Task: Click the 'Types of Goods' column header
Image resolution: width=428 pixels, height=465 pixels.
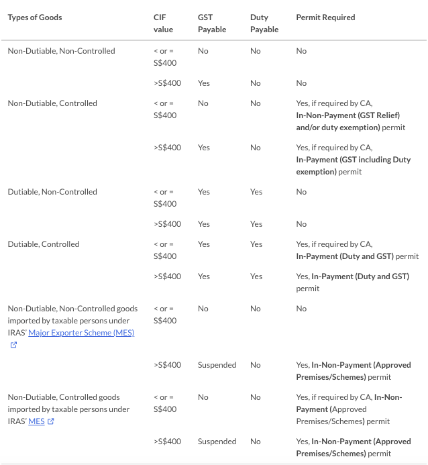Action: [35, 17]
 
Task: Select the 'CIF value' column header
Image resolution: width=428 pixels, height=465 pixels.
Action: [163, 23]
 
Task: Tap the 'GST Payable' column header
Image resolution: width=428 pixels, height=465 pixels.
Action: [212, 23]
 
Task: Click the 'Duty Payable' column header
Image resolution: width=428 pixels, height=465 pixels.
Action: [264, 23]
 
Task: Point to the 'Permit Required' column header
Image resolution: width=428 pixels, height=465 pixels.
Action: [325, 17]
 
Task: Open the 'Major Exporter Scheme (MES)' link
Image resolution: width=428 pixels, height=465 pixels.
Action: [81, 333]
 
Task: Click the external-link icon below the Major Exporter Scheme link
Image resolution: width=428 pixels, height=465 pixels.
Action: [13, 345]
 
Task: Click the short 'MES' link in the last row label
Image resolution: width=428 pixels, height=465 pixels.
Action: [36, 421]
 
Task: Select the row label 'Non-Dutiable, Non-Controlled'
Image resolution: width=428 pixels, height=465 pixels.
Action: [61, 51]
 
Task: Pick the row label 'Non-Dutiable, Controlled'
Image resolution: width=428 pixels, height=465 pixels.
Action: [52, 103]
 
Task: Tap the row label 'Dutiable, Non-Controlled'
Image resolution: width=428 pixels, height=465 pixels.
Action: [52, 192]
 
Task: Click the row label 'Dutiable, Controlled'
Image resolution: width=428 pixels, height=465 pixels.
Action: [44, 244]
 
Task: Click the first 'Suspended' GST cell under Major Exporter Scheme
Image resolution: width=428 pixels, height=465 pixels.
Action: [217, 365]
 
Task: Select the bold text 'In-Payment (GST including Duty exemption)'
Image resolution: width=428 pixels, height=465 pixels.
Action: [353, 166]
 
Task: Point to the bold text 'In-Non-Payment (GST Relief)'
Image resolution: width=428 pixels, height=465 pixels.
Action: [347, 115]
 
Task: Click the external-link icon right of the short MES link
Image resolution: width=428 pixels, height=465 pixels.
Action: [50, 421]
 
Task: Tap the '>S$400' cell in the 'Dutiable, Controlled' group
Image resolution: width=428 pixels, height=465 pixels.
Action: [167, 276]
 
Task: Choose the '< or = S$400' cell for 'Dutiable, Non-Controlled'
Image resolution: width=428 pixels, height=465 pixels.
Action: [164, 198]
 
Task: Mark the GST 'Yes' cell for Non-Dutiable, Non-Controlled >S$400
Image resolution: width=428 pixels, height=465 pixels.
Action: [204, 83]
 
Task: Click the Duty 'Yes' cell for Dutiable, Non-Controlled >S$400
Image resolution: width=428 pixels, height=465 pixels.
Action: [256, 224]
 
